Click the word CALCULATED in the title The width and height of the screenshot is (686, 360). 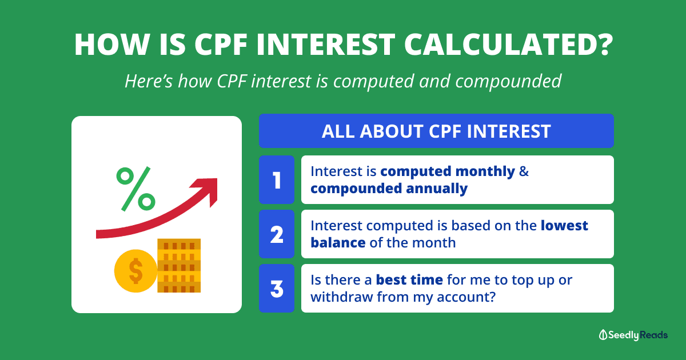tap(508, 45)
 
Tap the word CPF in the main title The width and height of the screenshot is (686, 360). tap(221, 45)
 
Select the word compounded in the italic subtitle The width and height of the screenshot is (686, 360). tap(508, 81)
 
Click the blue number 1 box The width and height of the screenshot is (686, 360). tap(277, 179)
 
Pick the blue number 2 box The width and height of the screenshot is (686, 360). tap(277, 234)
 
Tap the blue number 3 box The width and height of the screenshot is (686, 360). tap(277, 289)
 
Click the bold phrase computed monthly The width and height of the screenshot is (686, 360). tap(448, 172)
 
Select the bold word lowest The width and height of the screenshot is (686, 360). tap(564, 226)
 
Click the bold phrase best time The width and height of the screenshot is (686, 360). tap(409, 280)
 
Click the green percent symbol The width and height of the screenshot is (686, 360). tap(135, 189)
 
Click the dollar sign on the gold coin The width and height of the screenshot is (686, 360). tap(135, 271)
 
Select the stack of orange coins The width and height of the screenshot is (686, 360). tap(179, 265)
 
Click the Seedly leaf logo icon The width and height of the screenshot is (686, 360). tap(603, 335)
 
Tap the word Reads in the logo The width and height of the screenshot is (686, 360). tap(653, 335)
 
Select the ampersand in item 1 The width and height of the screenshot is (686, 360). tap(524, 171)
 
